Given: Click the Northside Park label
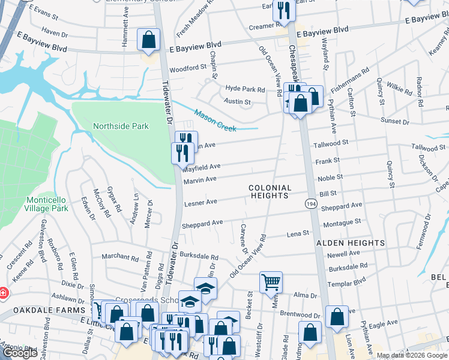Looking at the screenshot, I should pos(121,127).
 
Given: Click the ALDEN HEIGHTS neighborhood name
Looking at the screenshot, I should pos(353,243).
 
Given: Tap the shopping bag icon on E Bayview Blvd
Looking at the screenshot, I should pos(148,40).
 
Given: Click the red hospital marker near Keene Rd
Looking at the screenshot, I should pos(3,293).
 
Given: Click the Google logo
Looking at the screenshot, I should pos(20,353).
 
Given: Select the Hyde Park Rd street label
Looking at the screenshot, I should pos(245,89).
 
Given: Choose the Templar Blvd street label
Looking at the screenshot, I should pos(346,281).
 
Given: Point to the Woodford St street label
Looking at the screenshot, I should pos(188,69).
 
